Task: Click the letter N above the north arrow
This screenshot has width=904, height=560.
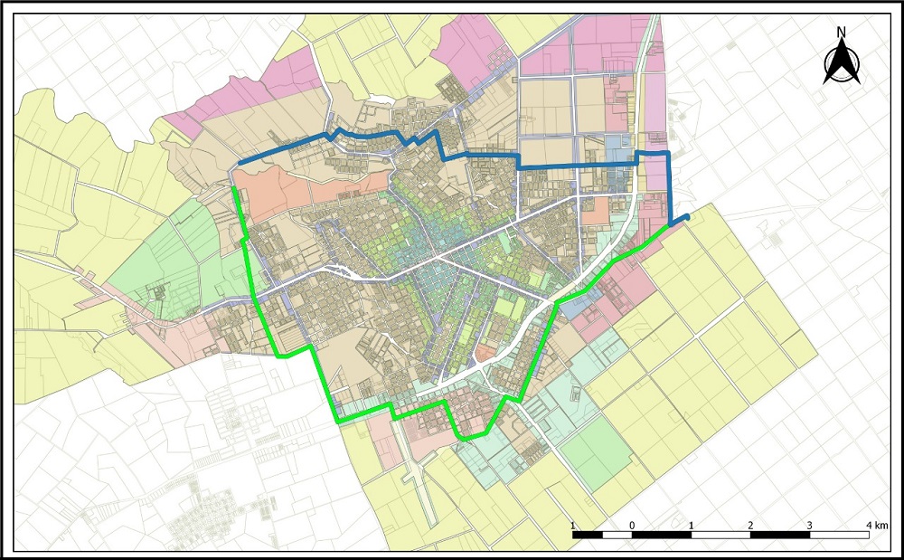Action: pyautogui.click(x=841, y=32)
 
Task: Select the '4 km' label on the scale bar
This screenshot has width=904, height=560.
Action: pyautogui.click(x=874, y=526)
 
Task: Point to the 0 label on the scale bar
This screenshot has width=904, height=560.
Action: pyautogui.click(x=632, y=526)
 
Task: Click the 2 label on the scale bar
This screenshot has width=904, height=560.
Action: pyautogui.click(x=751, y=526)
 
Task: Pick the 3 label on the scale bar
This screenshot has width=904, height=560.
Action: pyautogui.click(x=810, y=526)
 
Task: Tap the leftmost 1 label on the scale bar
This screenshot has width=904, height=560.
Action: pyautogui.click(x=573, y=526)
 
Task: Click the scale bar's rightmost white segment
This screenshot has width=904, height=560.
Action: pyautogui.click(x=840, y=536)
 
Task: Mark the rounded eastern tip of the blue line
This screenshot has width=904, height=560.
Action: pyautogui.click(x=688, y=216)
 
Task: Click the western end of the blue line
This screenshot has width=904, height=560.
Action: pyautogui.click(x=240, y=164)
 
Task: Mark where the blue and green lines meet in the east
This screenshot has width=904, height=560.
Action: pyautogui.click(x=670, y=225)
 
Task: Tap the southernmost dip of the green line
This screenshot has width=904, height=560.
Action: pyautogui.click(x=466, y=439)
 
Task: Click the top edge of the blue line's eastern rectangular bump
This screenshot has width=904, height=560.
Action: pyautogui.click(x=654, y=154)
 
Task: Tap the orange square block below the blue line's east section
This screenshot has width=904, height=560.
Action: pyautogui.click(x=596, y=212)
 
